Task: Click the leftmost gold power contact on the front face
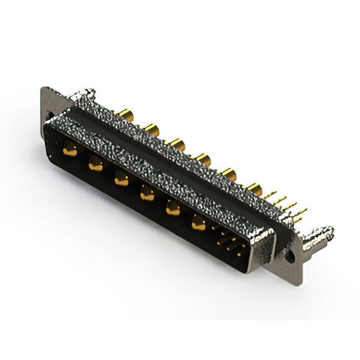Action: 70,149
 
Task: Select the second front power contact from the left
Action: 96,164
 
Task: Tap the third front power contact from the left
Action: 120,179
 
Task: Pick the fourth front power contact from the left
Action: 147,194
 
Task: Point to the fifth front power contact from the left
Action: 172,209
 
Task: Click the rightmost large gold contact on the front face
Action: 198,223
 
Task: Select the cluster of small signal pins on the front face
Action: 230,244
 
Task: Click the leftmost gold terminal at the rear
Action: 124,116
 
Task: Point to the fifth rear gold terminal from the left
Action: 229,172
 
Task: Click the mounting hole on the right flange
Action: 292,255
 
